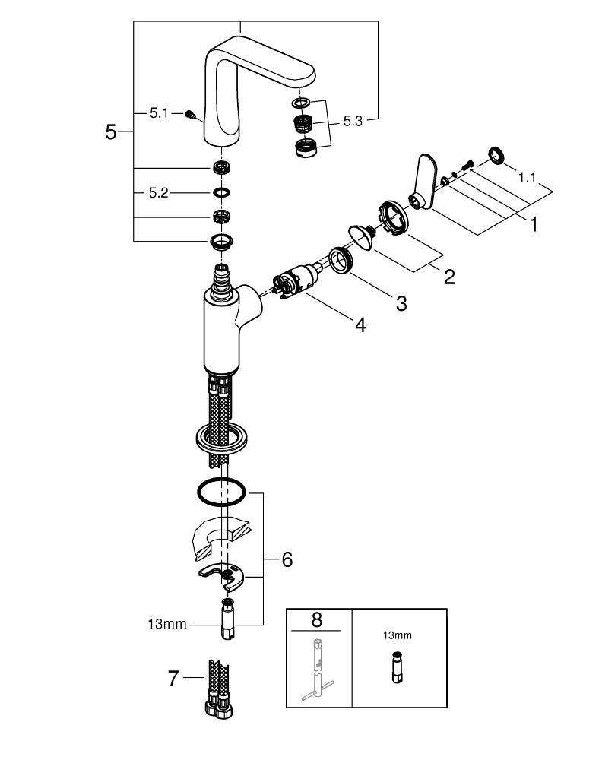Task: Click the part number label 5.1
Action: [159, 113]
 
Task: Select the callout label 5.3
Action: [353, 121]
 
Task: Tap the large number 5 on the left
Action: [111, 131]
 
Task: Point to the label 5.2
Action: [159, 193]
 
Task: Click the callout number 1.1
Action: [527, 178]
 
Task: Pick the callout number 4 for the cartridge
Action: [360, 325]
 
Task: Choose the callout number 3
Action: [401, 304]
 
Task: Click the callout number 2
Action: [449, 277]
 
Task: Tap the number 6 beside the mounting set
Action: [287, 560]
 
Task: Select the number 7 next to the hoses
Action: [173, 678]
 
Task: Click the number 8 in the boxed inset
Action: [316, 620]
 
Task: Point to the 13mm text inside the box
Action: [398, 635]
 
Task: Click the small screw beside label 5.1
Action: [190, 115]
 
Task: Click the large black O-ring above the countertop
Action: [221, 492]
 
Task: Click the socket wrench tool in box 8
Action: [316, 671]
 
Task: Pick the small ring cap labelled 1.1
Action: [496, 155]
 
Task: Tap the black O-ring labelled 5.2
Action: [221, 192]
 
